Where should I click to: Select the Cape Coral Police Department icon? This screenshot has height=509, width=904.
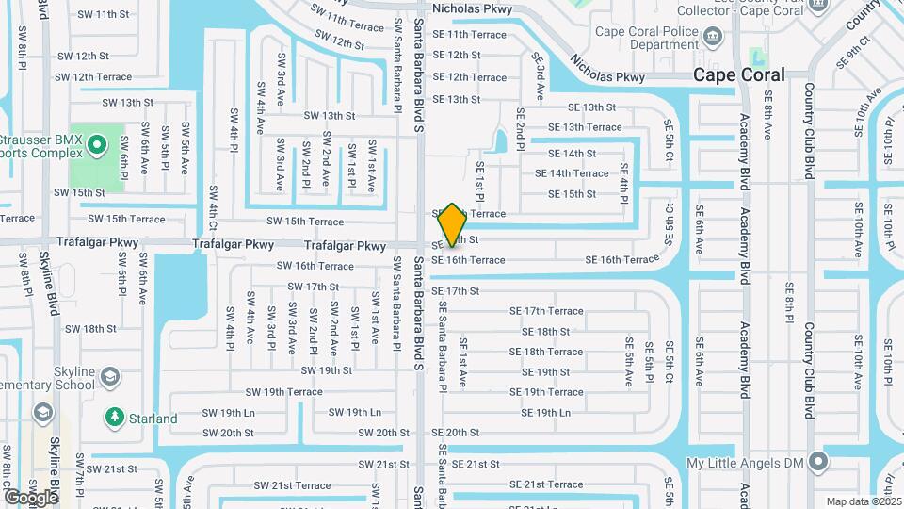(x=713, y=37)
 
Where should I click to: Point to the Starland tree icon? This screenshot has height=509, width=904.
(x=115, y=416)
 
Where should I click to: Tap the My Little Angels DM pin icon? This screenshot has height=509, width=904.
(x=819, y=462)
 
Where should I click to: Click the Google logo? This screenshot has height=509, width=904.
(x=30, y=497)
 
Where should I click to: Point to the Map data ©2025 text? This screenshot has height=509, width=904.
(x=863, y=501)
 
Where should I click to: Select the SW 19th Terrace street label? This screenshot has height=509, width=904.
(x=283, y=392)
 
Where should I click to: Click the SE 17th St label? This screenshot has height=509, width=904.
(x=456, y=291)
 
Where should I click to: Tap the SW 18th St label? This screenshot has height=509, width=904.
(x=90, y=329)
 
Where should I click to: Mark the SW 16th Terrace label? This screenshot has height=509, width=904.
(x=315, y=267)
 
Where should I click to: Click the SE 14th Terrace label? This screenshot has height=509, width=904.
(x=572, y=173)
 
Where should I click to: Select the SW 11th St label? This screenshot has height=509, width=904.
(x=104, y=14)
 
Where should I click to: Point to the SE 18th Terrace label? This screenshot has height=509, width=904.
(x=546, y=352)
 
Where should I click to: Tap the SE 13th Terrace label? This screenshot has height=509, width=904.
(x=585, y=127)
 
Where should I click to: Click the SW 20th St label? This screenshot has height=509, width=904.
(x=384, y=433)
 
